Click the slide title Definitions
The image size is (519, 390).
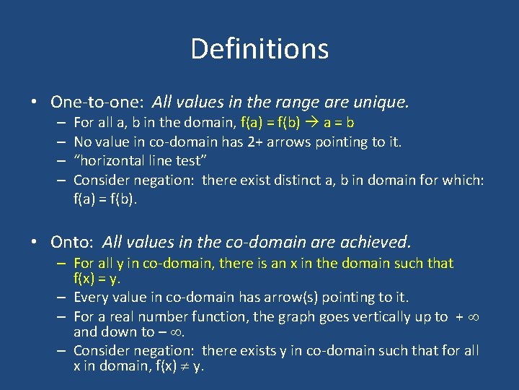click(259, 49)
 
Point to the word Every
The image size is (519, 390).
click(92, 297)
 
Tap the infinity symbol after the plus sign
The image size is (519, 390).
click(473, 317)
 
